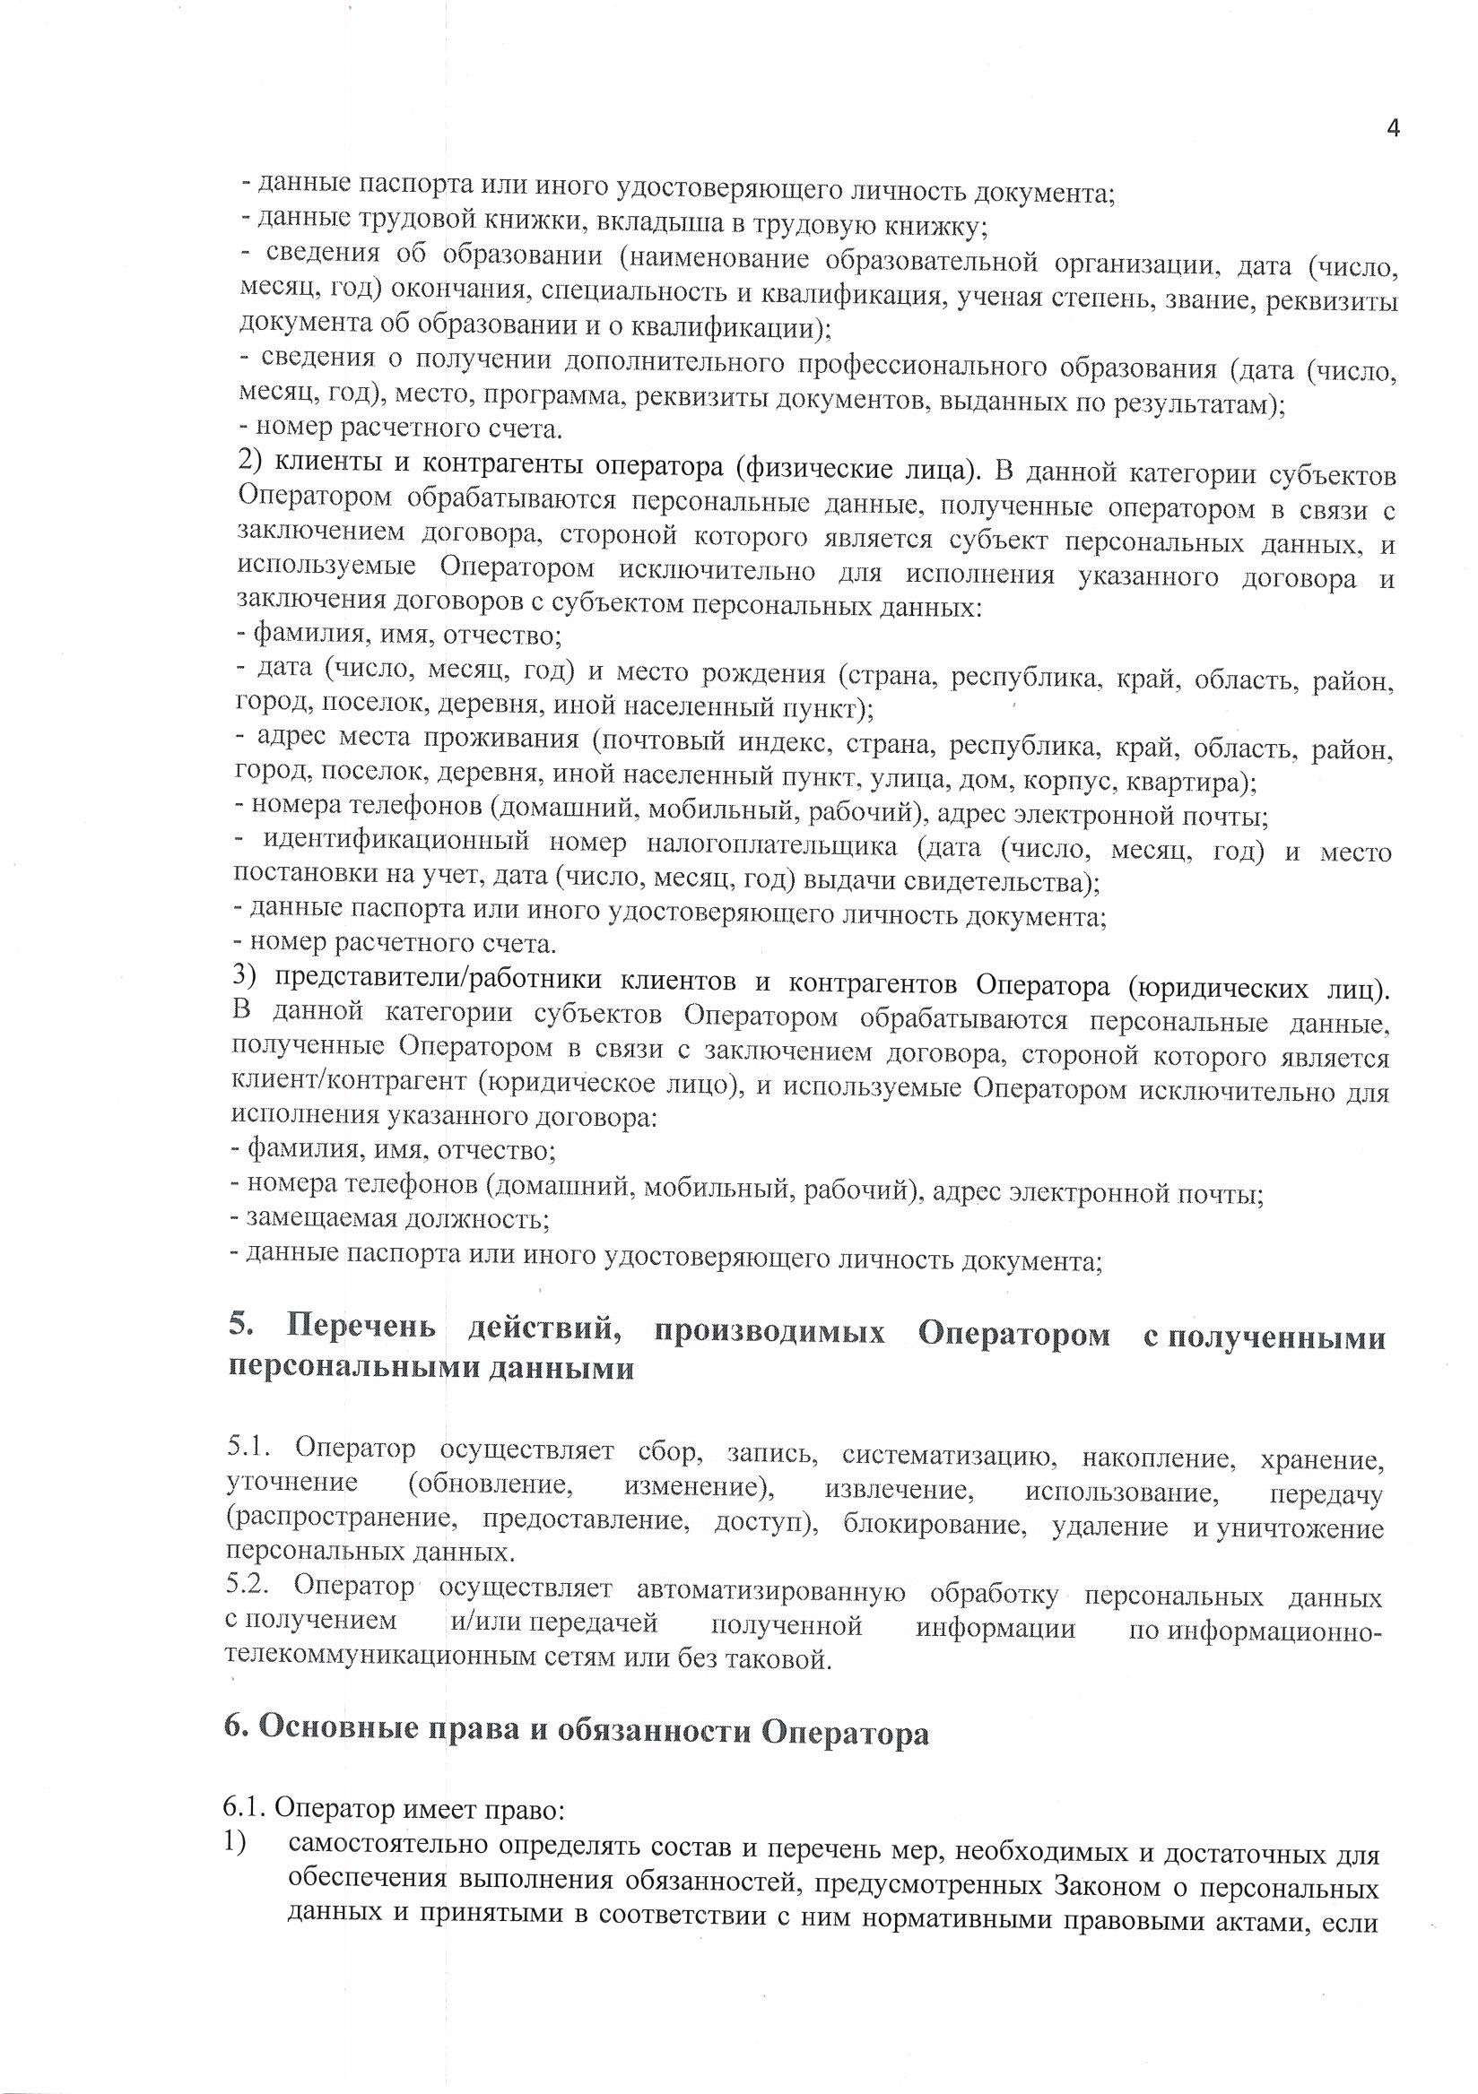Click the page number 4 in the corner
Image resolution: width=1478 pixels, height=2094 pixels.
1392,128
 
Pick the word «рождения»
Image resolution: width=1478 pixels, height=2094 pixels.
763,673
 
